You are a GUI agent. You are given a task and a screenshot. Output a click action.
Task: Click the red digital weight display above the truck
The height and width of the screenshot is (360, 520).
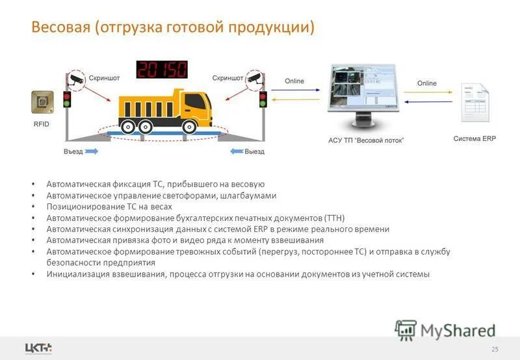(161, 70)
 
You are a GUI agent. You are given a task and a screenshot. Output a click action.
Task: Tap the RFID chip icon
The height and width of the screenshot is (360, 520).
(41, 103)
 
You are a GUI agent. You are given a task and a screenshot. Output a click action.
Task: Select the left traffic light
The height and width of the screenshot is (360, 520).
(66, 99)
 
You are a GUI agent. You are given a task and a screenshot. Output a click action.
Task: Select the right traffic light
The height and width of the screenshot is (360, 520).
(263, 99)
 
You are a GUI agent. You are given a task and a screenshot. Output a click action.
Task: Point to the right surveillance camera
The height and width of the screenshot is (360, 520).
(253, 80)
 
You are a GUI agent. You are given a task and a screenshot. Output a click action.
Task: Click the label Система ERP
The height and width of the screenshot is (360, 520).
(474, 138)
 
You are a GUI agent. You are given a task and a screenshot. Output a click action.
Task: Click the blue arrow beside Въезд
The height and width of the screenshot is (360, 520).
(92, 151)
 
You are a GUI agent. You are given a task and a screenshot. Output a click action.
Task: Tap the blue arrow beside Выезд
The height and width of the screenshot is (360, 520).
(236, 151)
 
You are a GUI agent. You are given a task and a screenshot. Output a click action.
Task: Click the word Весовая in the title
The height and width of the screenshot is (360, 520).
(62, 28)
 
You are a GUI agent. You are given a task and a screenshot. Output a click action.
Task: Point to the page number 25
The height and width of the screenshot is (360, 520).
(495, 350)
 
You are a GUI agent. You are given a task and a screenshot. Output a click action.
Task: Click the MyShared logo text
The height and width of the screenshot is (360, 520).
(457, 330)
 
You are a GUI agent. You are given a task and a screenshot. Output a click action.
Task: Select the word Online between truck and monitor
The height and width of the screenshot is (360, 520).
(294, 81)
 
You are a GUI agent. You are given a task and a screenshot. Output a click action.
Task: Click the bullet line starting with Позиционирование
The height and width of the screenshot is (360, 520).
(109, 207)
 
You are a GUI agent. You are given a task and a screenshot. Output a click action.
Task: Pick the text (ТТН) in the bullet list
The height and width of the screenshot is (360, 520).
(334, 218)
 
